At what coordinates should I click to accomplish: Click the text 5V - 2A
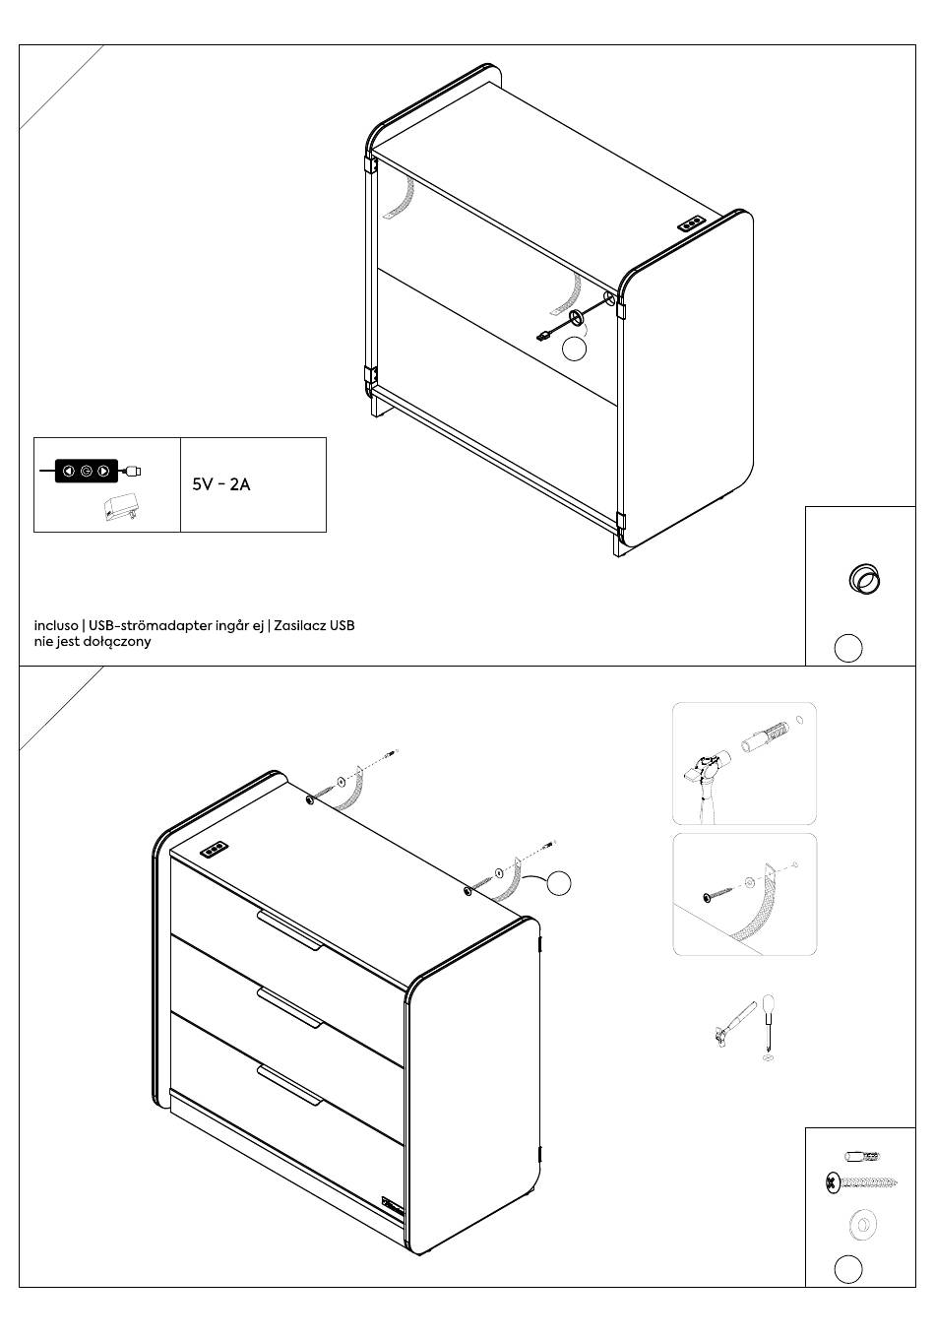click(x=221, y=484)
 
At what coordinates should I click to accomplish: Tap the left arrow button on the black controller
click(x=68, y=471)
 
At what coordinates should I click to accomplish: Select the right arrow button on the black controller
click(x=103, y=471)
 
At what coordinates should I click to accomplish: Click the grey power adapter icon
click(x=122, y=507)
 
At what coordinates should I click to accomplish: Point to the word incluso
click(x=56, y=625)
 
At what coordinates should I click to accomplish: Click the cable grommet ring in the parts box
click(x=864, y=579)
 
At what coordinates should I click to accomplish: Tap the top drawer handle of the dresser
click(x=290, y=930)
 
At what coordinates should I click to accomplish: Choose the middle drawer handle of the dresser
click(x=290, y=1008)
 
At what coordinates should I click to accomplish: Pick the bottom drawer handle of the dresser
click(x=290, y=1084)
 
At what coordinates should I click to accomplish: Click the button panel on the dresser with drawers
click(x=216, y=851)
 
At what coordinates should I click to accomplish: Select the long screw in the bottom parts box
click(x=861, y=1181)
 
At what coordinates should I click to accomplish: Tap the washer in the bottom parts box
click(x=862, y=1225)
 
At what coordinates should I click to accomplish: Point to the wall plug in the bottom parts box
click(x=863, y=1156)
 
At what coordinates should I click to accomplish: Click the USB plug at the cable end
click(x=543, y=337)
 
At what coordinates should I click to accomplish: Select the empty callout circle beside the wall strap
click(x=559, y=883)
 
